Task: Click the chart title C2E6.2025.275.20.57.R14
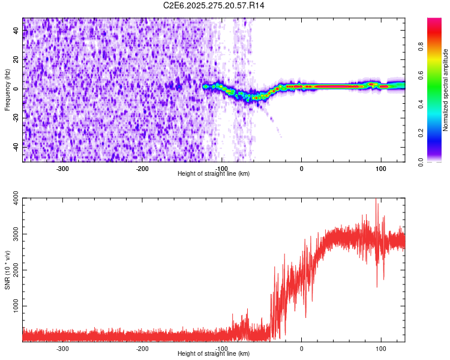[x=214, y=5]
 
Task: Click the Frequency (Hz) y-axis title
[x=7, y=90]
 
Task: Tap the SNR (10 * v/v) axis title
[x=7, y=270]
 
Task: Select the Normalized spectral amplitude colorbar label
[x=446, y=90]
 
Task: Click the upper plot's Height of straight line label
[x=214, y=173]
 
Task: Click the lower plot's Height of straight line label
[x=214, y=353]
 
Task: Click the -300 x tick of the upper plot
[x=63, y=168]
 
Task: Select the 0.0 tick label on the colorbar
[x=421, y=161]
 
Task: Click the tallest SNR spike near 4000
[x=376, y=200]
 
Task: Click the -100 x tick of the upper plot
[x=221, y=168]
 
